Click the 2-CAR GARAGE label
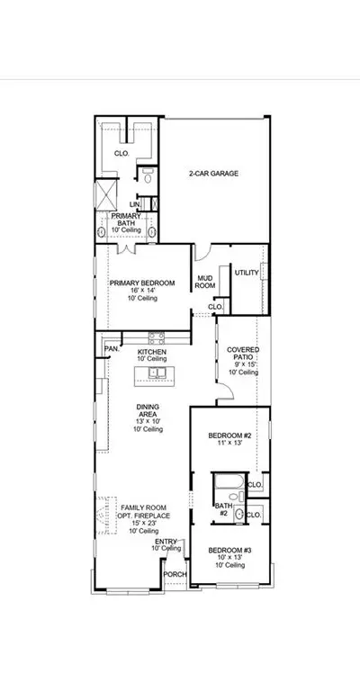coord(213,174)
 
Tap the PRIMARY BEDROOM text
coord(142,283)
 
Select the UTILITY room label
coord(247,273)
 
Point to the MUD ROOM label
coord(205,282)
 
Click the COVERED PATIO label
coord(243,354)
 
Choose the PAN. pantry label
coord(112,348)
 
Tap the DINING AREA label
coord(148,410)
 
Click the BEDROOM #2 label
coord(229,435)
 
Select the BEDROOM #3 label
coord(229,551)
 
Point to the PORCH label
coord(175,575)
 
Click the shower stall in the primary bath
coord(106,194)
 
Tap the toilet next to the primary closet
coord(148,177)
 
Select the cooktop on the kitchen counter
coord(157,338)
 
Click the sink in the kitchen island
coord(157,372)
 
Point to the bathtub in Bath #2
coord(229,481)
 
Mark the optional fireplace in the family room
coord(107,516)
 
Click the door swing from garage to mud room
coord(203,253)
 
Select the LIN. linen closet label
coord(134,204)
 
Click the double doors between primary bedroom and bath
coord(127,248)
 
